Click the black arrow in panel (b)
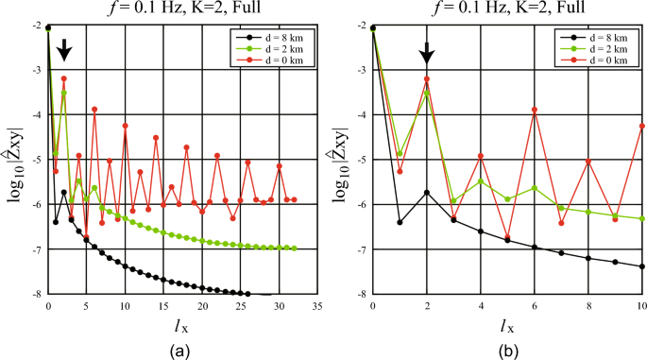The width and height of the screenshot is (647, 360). (x=427, y=53)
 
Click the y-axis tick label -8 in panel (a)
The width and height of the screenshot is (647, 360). (x=37, y=294)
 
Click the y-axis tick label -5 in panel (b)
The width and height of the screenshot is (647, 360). (x=362, y=160)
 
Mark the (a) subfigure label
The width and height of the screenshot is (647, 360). (x=179, y=349)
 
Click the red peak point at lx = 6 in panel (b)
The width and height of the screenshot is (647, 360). (x=535, y=110)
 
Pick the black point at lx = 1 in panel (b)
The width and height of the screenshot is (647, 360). (x=400, y=223)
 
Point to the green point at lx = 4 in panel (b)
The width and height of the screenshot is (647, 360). (x=481, y=181)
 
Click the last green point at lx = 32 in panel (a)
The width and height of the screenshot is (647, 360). (x=295, y=249)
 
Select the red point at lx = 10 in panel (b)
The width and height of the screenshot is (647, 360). (x=642, y=126)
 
